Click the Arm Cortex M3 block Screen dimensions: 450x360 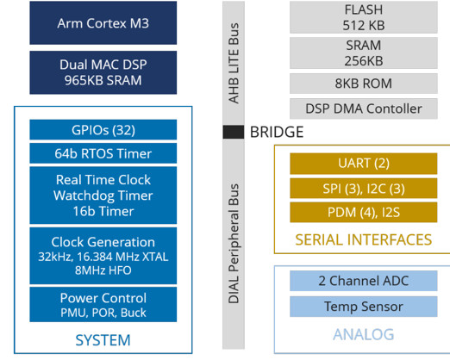coord(103,23)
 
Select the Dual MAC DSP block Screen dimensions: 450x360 coord(103,72)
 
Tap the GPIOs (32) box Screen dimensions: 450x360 coord(103,130)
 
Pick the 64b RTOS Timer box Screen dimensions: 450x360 coord(103,153)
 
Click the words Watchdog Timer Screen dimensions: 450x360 coord(103,196)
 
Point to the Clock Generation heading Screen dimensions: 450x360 coord(103,242)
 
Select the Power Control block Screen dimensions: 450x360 coord(103,304)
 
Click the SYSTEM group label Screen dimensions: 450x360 coord(103,340)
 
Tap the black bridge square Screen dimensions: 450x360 coord(234,132)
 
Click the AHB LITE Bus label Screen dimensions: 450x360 coord(234,63)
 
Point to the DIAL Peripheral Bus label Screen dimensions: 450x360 coord(234,244)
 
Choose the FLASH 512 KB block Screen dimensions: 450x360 coord(364,17)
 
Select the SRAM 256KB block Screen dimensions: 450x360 coord(364,53)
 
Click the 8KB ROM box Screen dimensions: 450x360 coord(364,84)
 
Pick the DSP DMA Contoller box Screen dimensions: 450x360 coord(364,109)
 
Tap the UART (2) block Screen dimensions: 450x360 coord(364,164)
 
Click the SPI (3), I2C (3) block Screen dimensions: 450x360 coord(364,189)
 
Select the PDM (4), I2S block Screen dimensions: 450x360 coord(364,212)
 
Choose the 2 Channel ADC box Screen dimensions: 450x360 coord(364,281)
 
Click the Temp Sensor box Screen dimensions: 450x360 coord(364,307)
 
